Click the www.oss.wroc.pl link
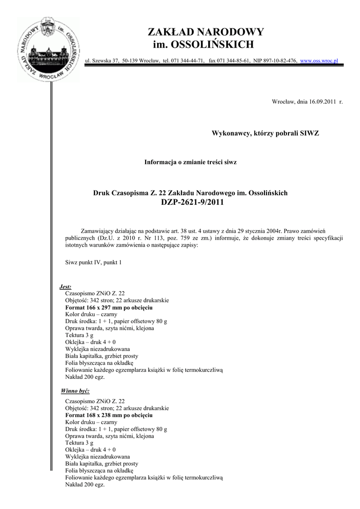click(x=319, y=60)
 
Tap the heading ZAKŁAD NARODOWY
click(x=205, y=32)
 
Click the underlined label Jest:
click(x=65, y=287)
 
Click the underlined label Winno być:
click(x=75, y=391)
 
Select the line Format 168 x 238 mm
click(x=108, y=415)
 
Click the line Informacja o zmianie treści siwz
click(x=190, y=163)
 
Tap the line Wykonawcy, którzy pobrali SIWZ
click(x=265, y=134)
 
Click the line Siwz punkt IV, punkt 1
click(x=93, y=262)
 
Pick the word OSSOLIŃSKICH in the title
click(x=212, y=45)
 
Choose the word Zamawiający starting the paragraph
click(x=98, y=231)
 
